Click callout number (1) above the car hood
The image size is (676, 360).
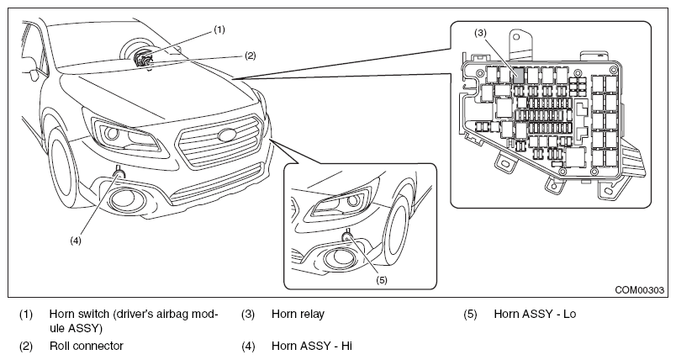click(x=219, y=29)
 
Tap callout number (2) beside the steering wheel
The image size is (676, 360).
click(x=250, y=56)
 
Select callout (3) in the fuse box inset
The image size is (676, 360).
click(x=480, y=33)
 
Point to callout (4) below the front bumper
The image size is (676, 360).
click(x=76, y=241)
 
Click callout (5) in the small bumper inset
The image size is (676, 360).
click(x=382, y=280)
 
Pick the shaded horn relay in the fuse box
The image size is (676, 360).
click(x=519, y=76)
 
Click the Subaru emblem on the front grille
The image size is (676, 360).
click(x=228, y=134)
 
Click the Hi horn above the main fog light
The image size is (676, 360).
click(x=119, y=174)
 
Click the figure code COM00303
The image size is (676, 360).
click(x=639, y=290)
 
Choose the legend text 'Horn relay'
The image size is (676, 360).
click(x=298, y=314)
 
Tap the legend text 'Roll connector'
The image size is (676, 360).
click(x=87, y=346)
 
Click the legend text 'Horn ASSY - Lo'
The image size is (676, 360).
click(x=535, y=314)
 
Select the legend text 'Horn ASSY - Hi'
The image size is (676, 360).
click(x=312, y=346)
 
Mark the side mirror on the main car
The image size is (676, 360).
click(x=32, y=74)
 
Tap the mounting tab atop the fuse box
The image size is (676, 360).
click(x=519, y=42)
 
